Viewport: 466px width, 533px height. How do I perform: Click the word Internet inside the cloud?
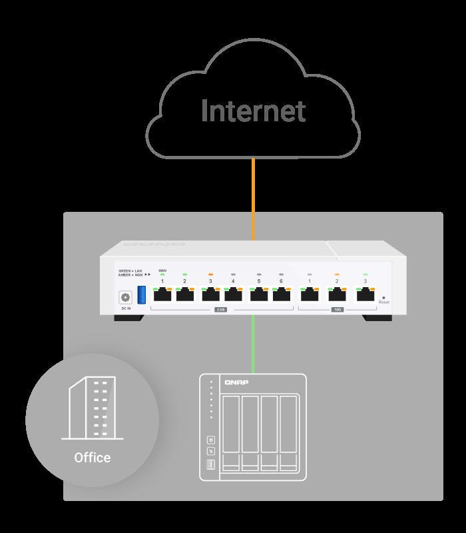(253, 111)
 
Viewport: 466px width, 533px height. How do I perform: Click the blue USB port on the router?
(141, 294)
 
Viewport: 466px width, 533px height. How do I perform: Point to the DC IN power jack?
(124, 298)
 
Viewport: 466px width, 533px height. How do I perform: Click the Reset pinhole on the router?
(383, 297)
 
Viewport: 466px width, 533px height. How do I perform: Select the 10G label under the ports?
(337, 310)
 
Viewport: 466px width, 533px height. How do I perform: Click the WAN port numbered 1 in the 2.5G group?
(162, 294)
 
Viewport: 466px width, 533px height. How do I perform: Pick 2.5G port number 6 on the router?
(281, 294)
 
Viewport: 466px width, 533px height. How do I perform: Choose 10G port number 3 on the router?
(365, 294)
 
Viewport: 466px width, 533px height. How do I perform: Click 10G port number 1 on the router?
(310, 294)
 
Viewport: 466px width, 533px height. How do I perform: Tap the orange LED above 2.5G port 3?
(210, 274)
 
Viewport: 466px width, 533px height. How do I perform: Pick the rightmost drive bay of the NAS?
(288, 433)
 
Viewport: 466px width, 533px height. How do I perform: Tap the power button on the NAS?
(211, 439)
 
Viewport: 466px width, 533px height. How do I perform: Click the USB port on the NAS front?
(211, 464)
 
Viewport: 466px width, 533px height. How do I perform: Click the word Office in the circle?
(93, 458)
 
